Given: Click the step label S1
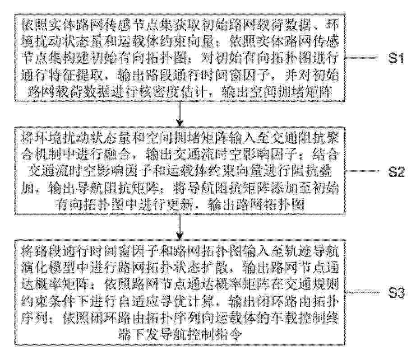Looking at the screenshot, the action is (396, 58).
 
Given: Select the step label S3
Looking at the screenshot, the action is (396, 293).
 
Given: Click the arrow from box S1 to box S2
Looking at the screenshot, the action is (180, 114).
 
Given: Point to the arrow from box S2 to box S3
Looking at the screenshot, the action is (180, 227).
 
